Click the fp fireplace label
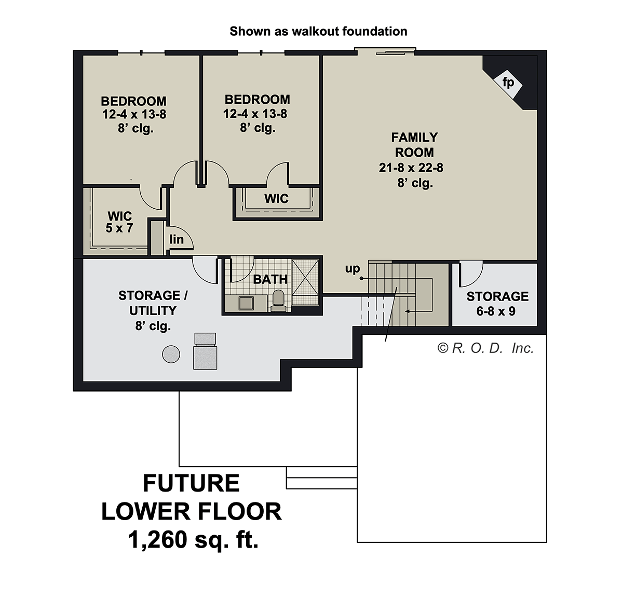click(508, 83)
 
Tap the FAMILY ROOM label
click(414, 145)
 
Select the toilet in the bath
click(278, 301)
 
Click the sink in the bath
click(246, 303)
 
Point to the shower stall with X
click(306, 282)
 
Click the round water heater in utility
click(171, 354)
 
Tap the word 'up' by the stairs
click(352, 268)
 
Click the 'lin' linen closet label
click(177, 239)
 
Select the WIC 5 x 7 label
click(119, 222)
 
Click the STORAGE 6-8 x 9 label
click(497, 304)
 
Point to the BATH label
click(270, 279)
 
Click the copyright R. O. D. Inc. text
click(485, 348)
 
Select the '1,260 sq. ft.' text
click(193, 539)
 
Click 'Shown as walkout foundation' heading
click(318, 31)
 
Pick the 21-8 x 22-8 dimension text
click(411, 168)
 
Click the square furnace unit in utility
click(205, 351)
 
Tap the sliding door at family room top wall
click(385, 51)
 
